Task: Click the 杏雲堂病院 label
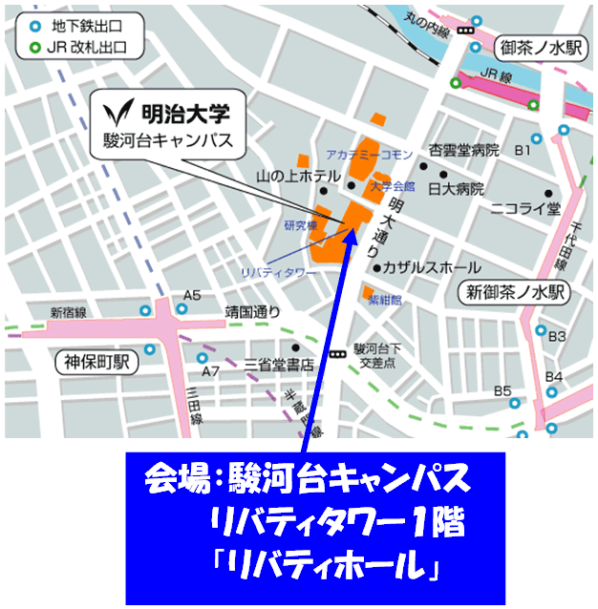click(464, 151)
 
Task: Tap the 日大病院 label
click(456, 188)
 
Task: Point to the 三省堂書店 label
click(278, 365)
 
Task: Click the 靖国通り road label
click(253, 310)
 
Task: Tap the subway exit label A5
click(193, 295)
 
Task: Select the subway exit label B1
click(523, 151)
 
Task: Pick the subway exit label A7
click(211, 370)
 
